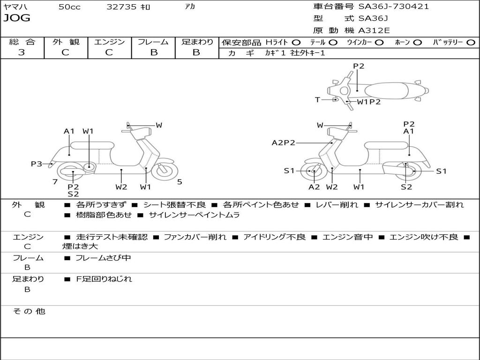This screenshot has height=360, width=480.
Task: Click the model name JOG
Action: click(17, 18)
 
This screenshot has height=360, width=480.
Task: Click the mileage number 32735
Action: click(121, 7)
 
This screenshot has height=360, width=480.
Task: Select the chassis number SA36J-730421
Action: click(394, 7)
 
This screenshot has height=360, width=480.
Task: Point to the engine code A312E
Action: click(373, 30)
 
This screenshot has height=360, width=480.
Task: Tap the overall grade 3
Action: click(22, 52)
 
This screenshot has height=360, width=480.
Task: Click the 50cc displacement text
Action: click(69, 7)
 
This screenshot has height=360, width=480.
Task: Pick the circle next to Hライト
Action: click(296, 42)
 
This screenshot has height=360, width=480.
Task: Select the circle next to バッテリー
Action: click(471, 42)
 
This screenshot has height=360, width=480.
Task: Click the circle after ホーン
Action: click(418, 42)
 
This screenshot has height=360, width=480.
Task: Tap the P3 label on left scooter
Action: click(37, 164)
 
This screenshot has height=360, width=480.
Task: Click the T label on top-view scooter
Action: click(317, 99)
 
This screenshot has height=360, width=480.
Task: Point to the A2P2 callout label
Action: click(284, 142)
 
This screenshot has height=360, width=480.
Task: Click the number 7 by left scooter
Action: click(55, 181)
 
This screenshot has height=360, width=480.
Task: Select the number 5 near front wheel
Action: click(180, 181)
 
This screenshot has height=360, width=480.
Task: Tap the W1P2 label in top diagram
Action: click(369, 102)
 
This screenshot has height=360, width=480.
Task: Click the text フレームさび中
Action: click(104, 258)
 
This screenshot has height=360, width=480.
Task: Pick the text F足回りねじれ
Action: click(104, 279)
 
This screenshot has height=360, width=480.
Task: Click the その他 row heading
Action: click(29, 311)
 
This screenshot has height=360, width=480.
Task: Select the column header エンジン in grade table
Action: click(110, 42)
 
